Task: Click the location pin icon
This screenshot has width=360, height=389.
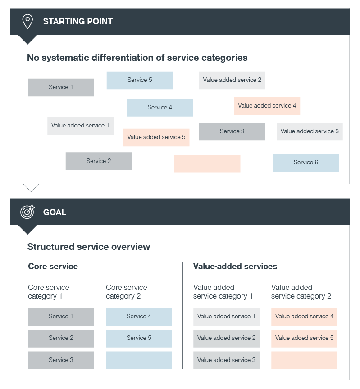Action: (x=27, y=21)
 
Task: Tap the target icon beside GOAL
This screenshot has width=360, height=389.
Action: (x=27, y=212)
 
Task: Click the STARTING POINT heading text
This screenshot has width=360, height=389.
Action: (x=78, y=21)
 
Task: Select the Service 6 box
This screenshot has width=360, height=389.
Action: (x=306, y=163)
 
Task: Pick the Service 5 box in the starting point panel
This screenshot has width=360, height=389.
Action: (x=140, y=80)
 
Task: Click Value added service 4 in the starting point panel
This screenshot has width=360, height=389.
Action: (x=267, y=106)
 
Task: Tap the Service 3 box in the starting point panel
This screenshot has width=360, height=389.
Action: (x=232, y=131)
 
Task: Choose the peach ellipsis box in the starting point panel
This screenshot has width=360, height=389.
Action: (x=207, y=164)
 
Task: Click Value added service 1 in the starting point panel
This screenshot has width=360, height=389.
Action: (x=81, y=126)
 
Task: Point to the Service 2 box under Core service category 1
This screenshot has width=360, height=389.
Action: (x=61, y=339)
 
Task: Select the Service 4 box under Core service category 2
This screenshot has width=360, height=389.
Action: (x=139, y=317)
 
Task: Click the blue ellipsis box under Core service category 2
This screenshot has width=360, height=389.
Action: (x=139, y=360)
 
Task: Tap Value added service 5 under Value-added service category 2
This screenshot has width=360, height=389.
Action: (x=305, y=339)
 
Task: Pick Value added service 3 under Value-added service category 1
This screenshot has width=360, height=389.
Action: (x=227, y=360)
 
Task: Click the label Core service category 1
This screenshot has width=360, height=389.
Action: (x=49, y=292)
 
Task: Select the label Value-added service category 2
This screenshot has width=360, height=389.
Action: (x=301, y=292)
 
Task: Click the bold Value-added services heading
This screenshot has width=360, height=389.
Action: (x=235, y=267)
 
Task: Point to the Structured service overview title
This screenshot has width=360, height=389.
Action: (x=89, y=247)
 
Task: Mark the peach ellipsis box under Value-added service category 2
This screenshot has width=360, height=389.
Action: (x=305, y=360)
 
